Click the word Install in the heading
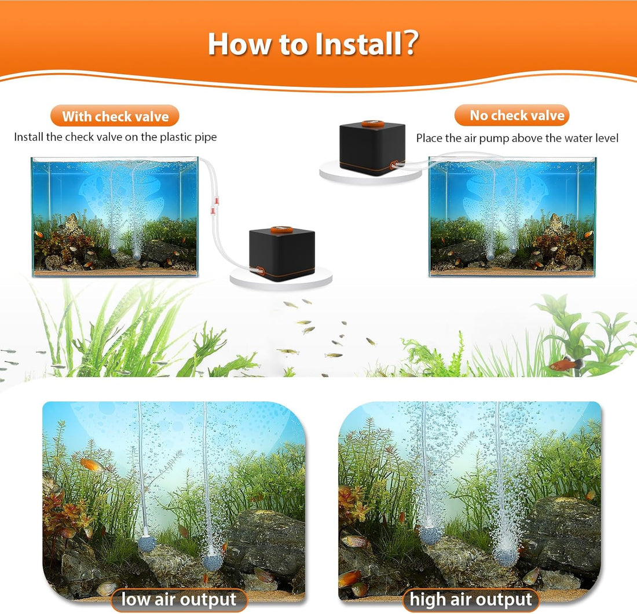pyautogui.click(x=358, y=44)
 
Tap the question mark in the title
pyautogui.click(x=411, y=42)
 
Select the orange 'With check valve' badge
pyautogui.click(x=115, y=116)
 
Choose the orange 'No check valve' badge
pyautogui.click(x=512, y=115)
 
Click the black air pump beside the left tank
pyautogui.click(x=282, y=253)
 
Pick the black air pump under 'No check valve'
pyautogui.click(x=372, y=148)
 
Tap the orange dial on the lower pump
pyautogui.click(x=281, y=229)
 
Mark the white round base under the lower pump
pyautogui.click(x=281, y=278)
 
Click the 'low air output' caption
pyautogui.click(x=179, y=600)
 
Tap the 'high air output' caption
pyautogui.click(x=471, y=600)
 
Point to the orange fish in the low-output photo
pyautogui.click(x=91, y=464)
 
